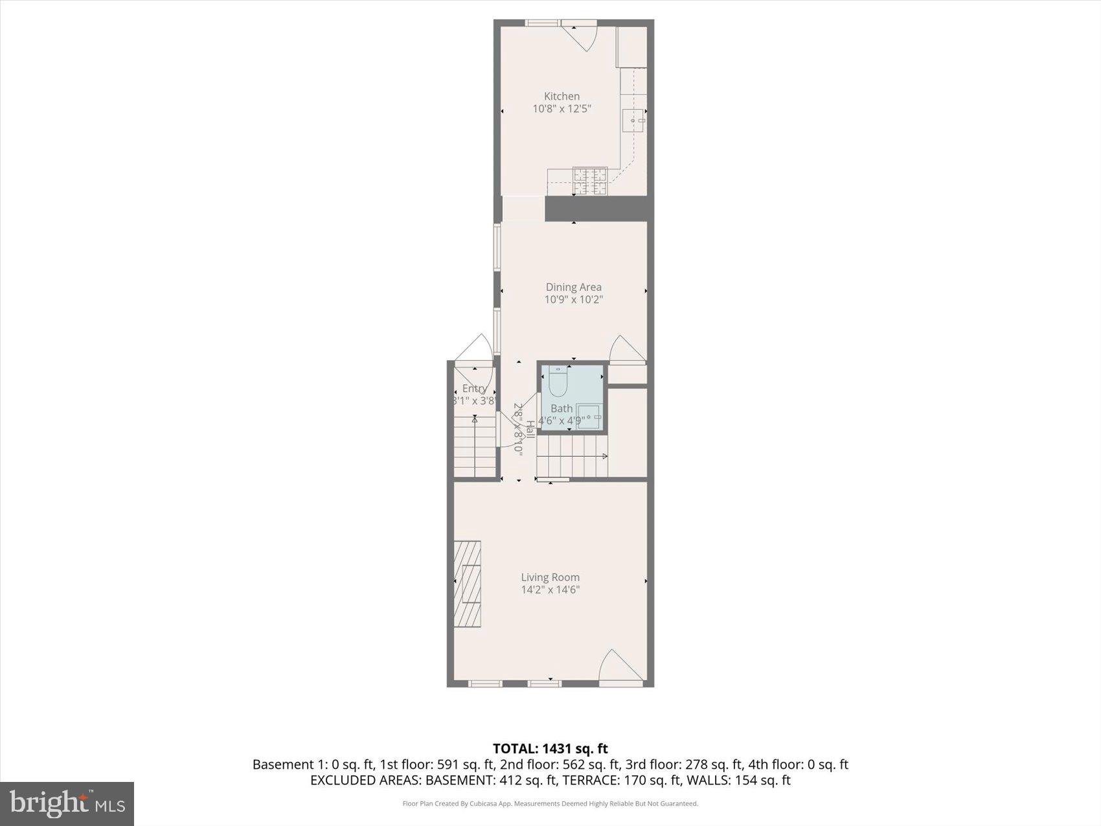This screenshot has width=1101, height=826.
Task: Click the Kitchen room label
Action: point(562,96)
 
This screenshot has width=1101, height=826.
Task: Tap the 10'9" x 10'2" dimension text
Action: point(573,299)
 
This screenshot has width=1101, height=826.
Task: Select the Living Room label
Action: point(550,577)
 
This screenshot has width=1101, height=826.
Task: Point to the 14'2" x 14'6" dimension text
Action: point(550,590)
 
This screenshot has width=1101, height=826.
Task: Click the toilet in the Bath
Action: point(558,382)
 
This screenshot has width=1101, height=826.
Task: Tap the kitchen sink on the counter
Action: point(633,120)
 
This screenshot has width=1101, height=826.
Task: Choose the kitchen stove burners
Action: point(589,181)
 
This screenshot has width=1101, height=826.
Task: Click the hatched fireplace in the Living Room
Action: point(467,584)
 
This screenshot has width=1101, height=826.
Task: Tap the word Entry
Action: point(474,389)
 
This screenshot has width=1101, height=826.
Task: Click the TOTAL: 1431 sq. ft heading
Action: point(550,749)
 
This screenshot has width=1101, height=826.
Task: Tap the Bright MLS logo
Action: point(67,804)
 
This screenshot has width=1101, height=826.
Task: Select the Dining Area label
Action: point(573,287)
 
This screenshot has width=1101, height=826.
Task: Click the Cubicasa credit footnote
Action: point(550,804)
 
